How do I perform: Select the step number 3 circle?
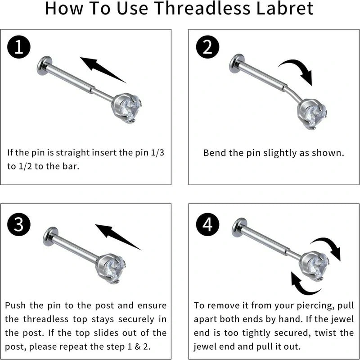tap(18, 224)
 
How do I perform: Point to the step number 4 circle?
tap(207, 224)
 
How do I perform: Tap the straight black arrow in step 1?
tap(102, 69)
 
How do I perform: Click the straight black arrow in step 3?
tap(117, 237)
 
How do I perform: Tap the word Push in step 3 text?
tap(17, 305)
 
